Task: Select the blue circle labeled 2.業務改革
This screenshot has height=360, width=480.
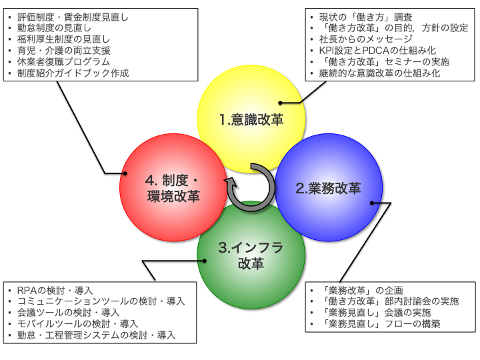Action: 328,188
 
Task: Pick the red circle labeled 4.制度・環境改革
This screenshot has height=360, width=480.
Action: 173,187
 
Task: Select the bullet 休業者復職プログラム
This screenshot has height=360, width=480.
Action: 64,61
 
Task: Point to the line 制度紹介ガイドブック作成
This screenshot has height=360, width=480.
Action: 73,73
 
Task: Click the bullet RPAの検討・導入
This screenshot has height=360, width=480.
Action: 55,290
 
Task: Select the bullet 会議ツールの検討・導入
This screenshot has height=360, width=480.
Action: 69,313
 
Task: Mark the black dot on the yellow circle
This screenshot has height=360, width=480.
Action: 281,103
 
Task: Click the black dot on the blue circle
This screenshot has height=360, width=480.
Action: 372,203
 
